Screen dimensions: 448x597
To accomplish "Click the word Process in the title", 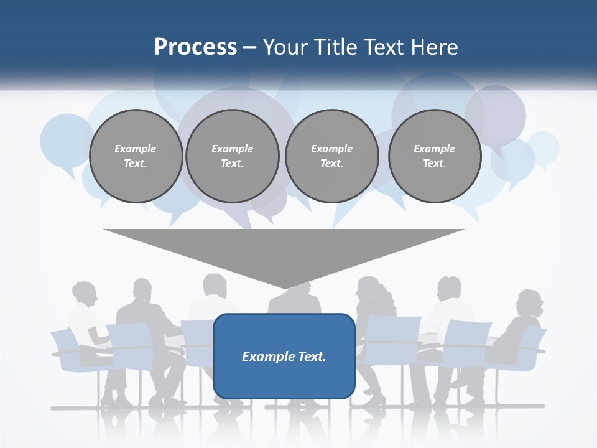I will pyautogui.click(x=195, y=47).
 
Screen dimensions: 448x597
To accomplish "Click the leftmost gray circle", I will pyautogui.click(x=136, y=156).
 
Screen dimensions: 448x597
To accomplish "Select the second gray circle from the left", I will pyautogui.click(x=233, y=156).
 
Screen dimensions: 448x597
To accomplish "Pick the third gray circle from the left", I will pyautogui.click(x=332, y=156).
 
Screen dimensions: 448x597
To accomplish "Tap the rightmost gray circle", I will pyautogui.click(x=435, y=156).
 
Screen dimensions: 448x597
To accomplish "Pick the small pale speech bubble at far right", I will pyautogui.click(x=543, y=147).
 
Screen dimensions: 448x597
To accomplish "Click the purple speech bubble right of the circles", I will pyautogui.click(x=496, y=115).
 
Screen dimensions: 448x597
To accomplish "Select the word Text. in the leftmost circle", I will pyautogui.click(x=136, y=164).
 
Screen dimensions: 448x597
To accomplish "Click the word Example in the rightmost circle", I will pyautogui.click(x=434, y=149).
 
